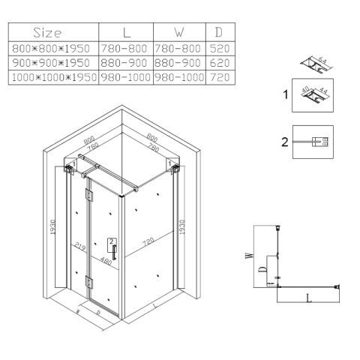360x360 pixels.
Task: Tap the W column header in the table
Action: click(x=180, y=34)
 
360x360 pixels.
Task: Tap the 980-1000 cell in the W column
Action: click(x=180, y=77)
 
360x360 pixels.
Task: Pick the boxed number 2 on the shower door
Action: click(x=112, y=241)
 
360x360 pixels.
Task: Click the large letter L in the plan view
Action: click(x=309, y=298)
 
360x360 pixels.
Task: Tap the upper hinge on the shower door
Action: click(x=89, y=197)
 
